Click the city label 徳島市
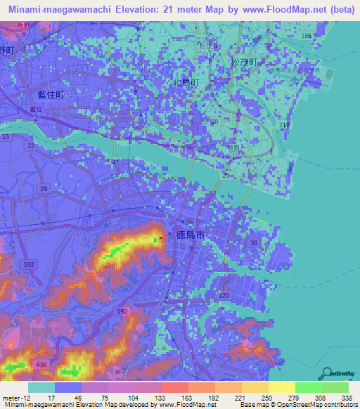(x=188, y=238)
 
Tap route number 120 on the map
(x=224, y=297)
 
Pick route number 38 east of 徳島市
(x=253, y=242)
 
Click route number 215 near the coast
(x=283, y=124)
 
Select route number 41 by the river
(x=114, y=162)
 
